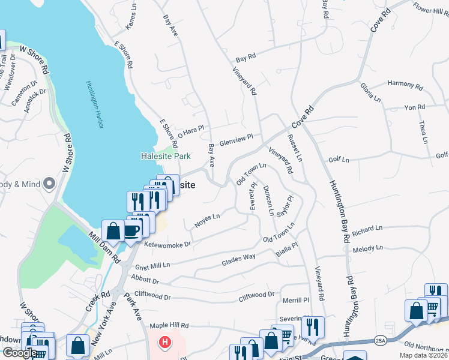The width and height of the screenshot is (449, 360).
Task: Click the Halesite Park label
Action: coord(166,156)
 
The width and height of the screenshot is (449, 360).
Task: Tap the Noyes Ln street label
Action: coord(207,221)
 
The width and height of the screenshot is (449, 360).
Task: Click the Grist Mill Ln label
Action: coord(153,265)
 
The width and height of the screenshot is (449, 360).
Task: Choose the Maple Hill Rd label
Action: coord(169,326)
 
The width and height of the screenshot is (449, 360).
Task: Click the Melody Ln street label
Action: coord(367,248)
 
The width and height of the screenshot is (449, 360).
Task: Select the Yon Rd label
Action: coord(414,107)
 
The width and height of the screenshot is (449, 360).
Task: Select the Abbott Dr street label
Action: coord(148,280)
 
